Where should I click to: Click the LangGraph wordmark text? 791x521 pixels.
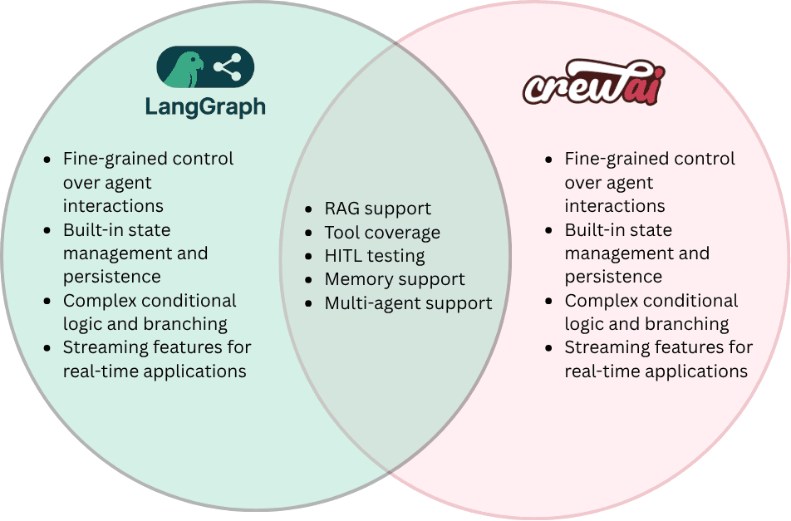click(x=205, y=107)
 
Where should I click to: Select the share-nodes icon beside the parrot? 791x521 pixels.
click(x=228, y=67)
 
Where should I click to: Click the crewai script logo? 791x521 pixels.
click(x=594, y=82)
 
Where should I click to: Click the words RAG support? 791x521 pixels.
click(x=378, y=209)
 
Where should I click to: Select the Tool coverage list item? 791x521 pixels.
click(x=382, y=232)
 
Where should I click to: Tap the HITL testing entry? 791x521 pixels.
click(x=375, y=256)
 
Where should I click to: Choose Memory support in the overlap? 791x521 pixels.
click(x=395, y=279)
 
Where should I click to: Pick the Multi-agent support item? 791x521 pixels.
click(x=409, y=303)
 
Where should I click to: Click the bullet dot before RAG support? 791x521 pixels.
click(x=309, y=209)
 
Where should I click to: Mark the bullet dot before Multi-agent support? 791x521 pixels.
click(x=309, y=304)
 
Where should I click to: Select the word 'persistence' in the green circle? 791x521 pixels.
click(x=112, y=278)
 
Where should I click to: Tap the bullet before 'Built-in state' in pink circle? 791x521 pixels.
click(x=549, y=231)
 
